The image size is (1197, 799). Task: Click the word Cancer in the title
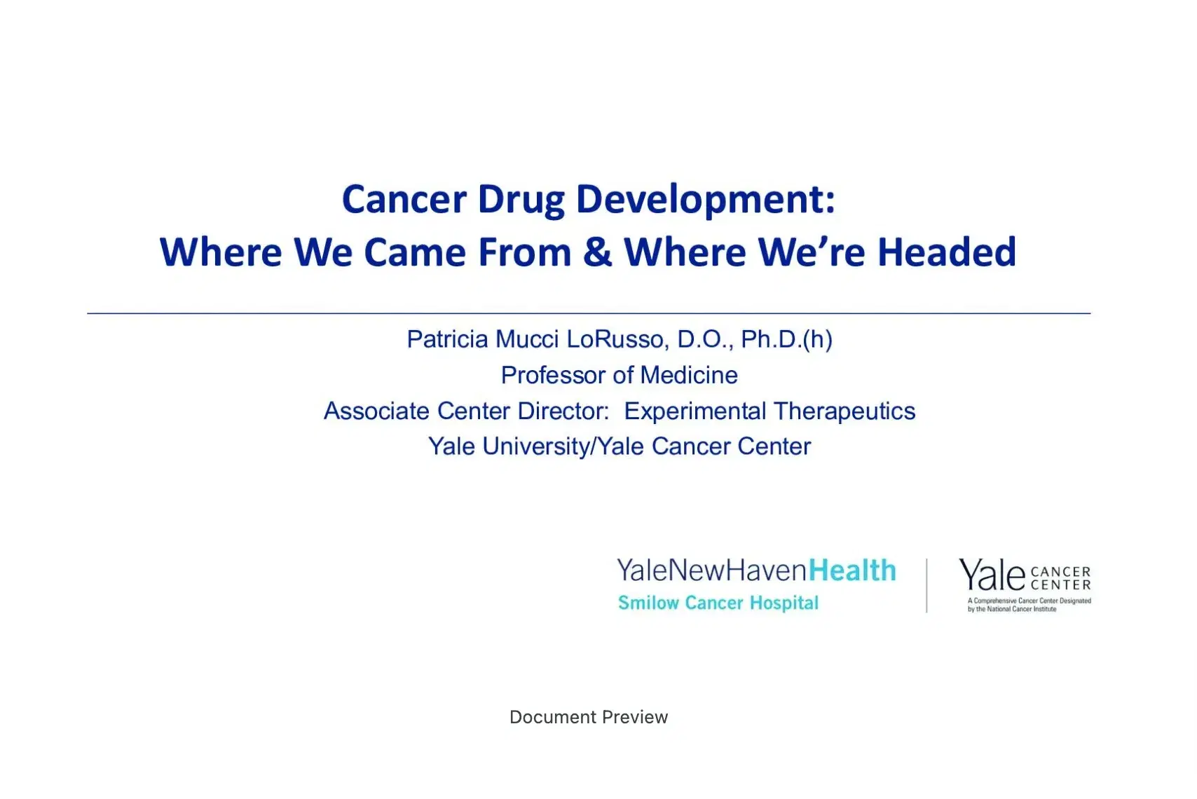pyautogui.click(x=404, y=199)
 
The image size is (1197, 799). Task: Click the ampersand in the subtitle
pyautogui.click(x=597, y=252)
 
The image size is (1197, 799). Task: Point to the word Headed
pyautogui.click(x=946, y=252)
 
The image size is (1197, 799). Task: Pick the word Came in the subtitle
pyautogui.click(x=415, y=252)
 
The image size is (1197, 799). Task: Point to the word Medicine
pyautogui.click(x=689, y=375)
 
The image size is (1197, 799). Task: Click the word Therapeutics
pyautogui.click(x=844, y=411)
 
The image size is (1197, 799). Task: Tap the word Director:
pyautogui.click(x=563, y=411)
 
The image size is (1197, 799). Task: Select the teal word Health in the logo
pyautogui.click(x=852, y=571)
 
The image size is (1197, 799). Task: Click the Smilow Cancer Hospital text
pyautogui.click(x=718, y=603)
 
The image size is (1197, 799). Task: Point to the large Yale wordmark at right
pyautogui.click(x=992, y=575)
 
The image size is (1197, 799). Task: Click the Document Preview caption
pyautogui.click(x=589, y=717)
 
